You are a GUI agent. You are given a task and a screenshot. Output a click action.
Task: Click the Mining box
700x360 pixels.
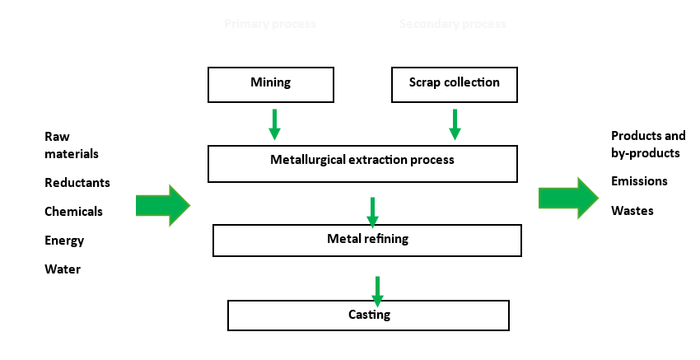click(271, 84)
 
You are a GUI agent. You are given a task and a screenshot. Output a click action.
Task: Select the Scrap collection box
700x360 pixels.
click(455, 84)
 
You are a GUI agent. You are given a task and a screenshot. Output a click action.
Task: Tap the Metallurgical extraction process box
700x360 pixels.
click(362, 163)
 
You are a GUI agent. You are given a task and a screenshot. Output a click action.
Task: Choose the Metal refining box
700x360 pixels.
click(367, 240)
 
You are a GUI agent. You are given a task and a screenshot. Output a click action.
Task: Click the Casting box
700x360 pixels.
click(368, 315)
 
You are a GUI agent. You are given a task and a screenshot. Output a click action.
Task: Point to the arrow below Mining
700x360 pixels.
click(274, 124)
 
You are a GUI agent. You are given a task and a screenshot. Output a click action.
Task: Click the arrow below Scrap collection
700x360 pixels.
click(455, 124)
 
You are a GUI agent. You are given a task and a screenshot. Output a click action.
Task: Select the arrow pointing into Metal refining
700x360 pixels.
click(372, 212)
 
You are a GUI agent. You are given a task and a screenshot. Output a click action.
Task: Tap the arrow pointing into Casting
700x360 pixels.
click(377, 290)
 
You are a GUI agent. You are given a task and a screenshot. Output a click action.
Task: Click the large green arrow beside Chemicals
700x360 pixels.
click(162, 205)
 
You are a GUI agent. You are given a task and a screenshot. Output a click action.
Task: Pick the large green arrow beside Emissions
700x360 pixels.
click(568, 198)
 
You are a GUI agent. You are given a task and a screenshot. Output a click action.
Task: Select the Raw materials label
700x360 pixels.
click(71, 145)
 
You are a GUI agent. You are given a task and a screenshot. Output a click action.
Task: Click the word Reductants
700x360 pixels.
click(77, 183)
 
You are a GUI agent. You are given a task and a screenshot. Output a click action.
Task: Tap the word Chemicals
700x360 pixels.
click(73, 212)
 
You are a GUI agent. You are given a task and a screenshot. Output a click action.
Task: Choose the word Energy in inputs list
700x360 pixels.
click(64, 241)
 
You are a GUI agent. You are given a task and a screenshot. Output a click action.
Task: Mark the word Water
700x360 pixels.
click(63, 269)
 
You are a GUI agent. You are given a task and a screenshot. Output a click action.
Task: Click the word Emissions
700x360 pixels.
click(639, 181)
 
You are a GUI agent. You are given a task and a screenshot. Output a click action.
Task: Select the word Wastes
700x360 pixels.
click(632, 211)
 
